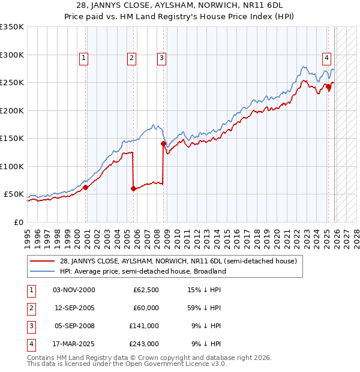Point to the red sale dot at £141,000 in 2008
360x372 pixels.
[163, 143]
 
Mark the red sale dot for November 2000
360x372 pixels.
[85, 187]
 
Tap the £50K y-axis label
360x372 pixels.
[14, 194]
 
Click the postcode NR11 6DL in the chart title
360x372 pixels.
[269, 6]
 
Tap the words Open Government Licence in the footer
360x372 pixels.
[173, 364]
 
